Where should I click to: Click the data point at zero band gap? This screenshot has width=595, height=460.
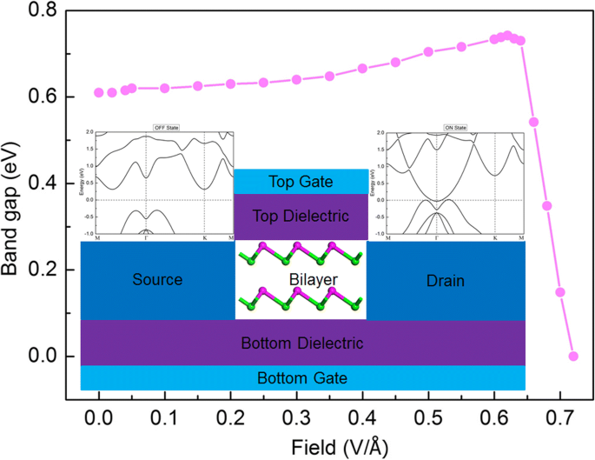click(x=573, y=356)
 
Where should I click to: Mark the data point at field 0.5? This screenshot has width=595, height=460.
click(x=428, y=52)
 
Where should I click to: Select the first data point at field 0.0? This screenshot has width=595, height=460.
click(x=99, y=92)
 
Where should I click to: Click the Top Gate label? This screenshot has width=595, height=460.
click(x=301, y=182)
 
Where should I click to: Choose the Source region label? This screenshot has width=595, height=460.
click(x=157, y=281)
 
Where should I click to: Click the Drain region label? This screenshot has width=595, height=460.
click(x=446, y=281)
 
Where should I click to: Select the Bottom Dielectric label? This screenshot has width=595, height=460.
click(x=302, y=343)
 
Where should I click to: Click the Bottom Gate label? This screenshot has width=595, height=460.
click(x=302, y=378)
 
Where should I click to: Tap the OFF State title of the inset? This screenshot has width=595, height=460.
click(x=164, y=127)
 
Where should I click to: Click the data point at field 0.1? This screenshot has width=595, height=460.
click(x=165, y=88)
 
